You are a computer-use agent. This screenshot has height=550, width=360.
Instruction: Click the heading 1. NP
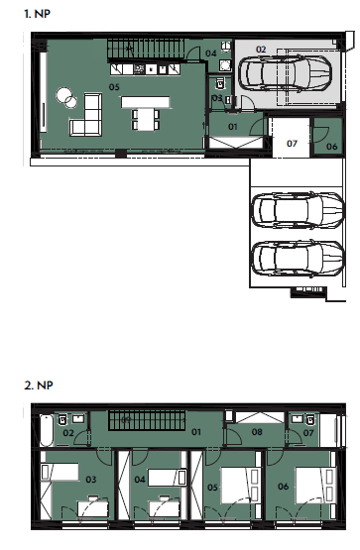38,14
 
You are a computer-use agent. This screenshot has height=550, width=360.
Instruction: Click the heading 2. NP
39,385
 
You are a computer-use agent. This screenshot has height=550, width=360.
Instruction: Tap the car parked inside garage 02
285,73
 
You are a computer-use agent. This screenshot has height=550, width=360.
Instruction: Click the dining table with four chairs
146,120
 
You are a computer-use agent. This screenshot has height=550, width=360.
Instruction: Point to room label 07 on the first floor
292,144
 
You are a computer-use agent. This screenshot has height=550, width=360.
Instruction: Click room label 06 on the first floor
332,147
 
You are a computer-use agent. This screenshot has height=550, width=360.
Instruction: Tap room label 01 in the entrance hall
233,127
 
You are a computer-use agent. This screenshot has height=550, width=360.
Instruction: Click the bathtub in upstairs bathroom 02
47,430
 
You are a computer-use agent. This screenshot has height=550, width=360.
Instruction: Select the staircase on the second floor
147,420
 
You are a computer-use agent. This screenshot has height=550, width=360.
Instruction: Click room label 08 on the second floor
257,432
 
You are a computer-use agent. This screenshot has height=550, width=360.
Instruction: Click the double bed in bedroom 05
240,486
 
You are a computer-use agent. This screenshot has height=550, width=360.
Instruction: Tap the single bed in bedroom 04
168,478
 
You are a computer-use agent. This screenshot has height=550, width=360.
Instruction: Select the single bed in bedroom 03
60,472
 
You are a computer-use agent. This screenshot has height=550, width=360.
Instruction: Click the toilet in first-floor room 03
219,83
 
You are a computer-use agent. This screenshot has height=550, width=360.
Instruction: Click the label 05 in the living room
114,87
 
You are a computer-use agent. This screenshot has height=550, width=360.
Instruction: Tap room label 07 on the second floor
308,433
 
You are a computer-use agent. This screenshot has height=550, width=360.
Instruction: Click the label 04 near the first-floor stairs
211,54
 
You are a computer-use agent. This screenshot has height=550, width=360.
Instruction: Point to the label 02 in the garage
261,50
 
